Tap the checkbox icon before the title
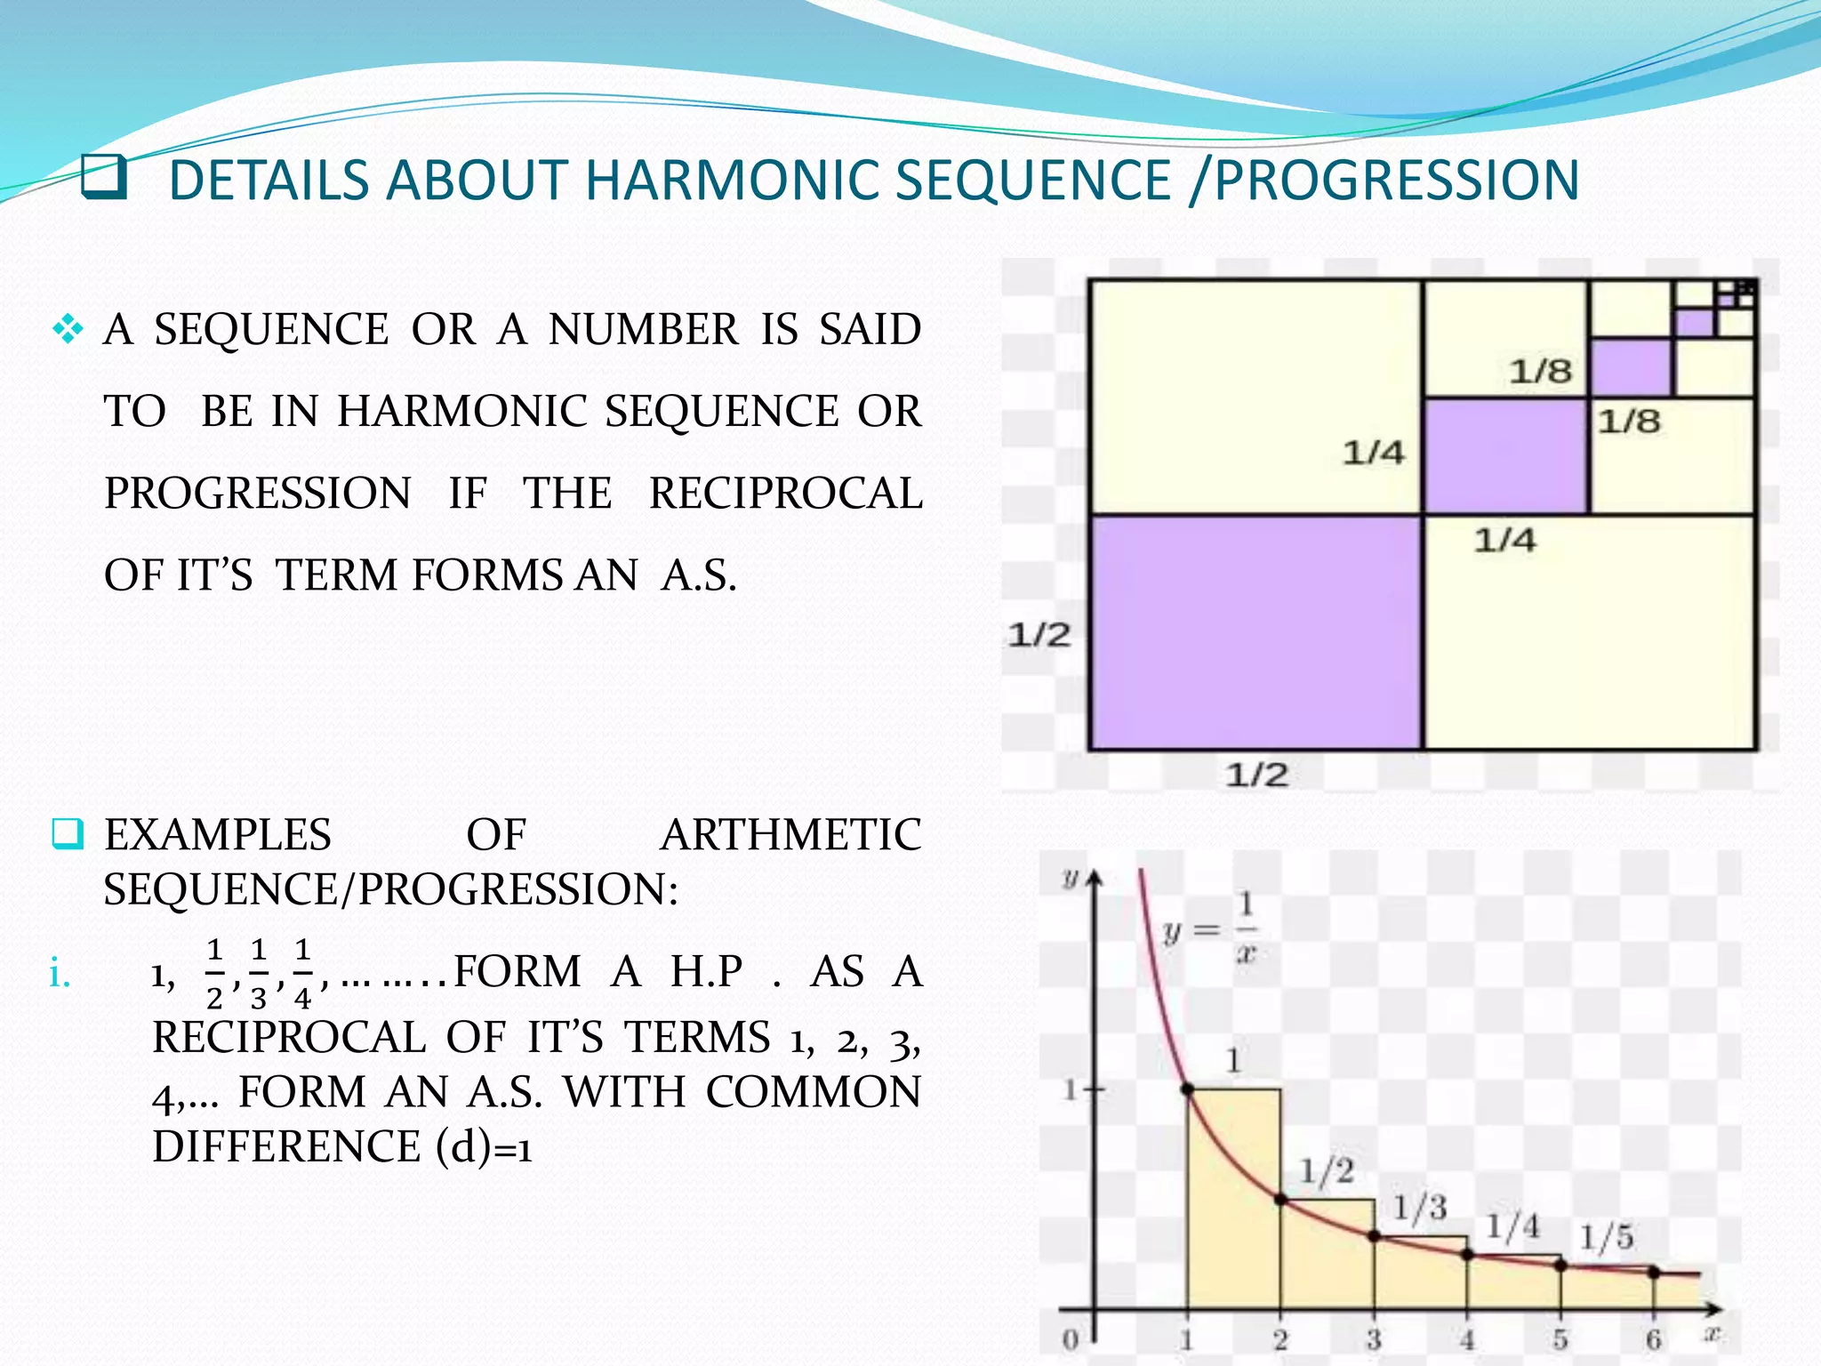104,177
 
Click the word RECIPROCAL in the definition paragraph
786,494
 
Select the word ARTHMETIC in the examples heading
790,835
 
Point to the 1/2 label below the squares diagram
1256,775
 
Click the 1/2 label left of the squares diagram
1039,635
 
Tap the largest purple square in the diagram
1255,632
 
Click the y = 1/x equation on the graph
1210,930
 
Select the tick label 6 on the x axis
1653,1338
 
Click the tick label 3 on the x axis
1374,1338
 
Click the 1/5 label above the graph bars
1606,1237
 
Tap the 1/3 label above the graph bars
1419,1208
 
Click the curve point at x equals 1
1187,1089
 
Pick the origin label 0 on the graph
1071,1338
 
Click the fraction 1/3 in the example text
258,974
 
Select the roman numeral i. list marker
60,975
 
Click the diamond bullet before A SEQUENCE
68,331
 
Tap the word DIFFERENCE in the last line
285,1147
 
